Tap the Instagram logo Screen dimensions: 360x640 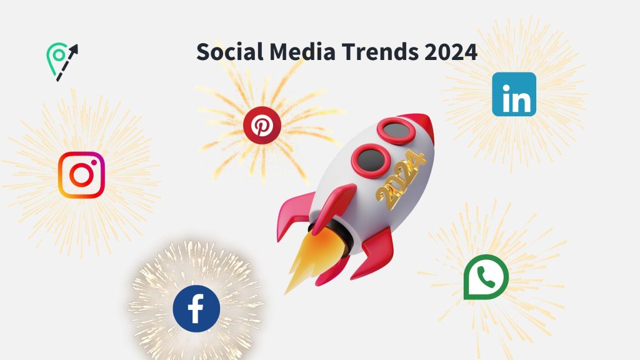tap(82, 175)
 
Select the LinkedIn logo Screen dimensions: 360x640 tap(514, 94)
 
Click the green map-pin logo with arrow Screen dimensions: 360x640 tap(57, 59)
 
